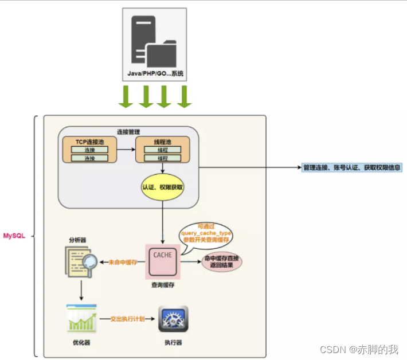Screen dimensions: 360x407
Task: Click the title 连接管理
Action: coord(128,132)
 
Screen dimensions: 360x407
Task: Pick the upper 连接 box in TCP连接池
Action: coord(89,150)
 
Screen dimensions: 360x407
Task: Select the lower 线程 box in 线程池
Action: coord(163,158)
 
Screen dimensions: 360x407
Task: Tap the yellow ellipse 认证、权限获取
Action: coord(163,187)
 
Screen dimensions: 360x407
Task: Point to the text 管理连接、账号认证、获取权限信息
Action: coord(352,167)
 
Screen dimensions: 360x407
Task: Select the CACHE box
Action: coord(163,256)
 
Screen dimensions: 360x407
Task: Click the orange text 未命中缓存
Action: coord(122,263)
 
